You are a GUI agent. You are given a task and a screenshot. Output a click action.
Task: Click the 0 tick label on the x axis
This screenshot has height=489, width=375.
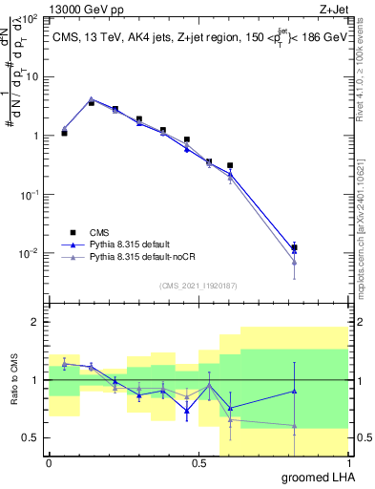(49, 463)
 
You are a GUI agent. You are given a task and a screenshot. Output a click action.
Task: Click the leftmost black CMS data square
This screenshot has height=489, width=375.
(64, 133)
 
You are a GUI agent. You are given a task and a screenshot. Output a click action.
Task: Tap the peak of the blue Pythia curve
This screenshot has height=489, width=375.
(91, 99)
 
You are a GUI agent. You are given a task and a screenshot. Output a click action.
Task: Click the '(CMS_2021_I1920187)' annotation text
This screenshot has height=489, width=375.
(198, 284)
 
